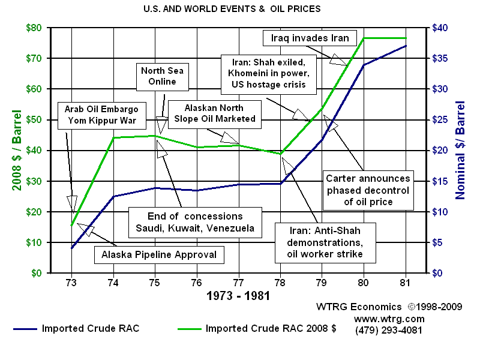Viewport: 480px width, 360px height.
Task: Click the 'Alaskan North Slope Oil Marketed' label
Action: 215,113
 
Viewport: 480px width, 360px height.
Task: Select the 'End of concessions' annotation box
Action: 195,222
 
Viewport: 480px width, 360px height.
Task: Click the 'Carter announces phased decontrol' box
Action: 368,190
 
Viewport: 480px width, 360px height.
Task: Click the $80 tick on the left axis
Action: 34,28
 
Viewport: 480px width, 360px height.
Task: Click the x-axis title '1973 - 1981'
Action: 238,296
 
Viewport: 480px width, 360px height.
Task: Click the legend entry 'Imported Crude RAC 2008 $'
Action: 256,328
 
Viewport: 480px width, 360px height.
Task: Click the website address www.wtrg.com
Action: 389,319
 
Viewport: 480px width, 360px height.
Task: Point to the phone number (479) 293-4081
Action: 389,330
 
